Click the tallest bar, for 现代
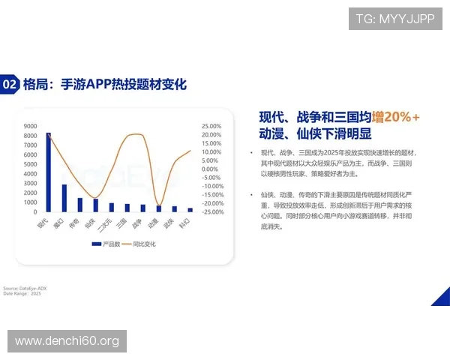[49, 172]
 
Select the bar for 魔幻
[64, 198]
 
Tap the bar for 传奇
[80, 205]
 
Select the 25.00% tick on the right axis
[212, 126]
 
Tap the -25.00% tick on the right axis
[212, 211]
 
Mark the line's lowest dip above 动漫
[158, 205]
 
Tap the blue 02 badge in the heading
[10, 84]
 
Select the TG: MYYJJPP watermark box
[394, 18]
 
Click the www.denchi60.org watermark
[67, 341]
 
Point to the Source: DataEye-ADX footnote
[25, 288]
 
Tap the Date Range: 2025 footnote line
[22, 293]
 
